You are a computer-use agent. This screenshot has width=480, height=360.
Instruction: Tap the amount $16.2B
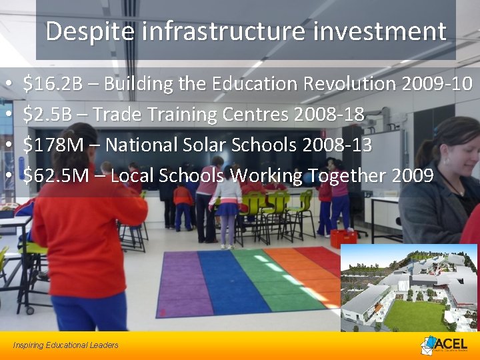click(x=53, y=84)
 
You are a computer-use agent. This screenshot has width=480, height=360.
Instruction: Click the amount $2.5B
click(x=47, y=115)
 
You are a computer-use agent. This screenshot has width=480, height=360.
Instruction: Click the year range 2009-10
click(x=437, y=84)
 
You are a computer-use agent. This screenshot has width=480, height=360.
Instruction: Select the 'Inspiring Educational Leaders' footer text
click(x=65, y=345)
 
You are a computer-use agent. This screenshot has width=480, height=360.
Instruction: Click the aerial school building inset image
click(x=408, y=288)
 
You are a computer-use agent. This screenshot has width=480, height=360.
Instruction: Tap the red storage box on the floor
click(x=343, y=238)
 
